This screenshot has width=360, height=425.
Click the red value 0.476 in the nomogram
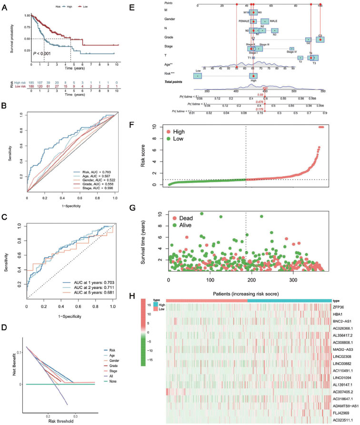coord(260,101)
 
